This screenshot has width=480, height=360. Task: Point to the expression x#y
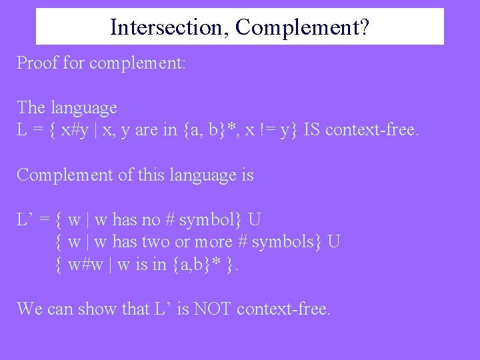pos(75,129)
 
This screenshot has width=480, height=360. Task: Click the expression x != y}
pos(269,129)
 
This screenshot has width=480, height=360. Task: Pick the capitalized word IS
pos(312,129)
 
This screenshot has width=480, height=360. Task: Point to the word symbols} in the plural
pos(292,241)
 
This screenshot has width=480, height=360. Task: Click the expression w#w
pos(89,264)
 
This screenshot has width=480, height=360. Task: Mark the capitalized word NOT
pos(212,309)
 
